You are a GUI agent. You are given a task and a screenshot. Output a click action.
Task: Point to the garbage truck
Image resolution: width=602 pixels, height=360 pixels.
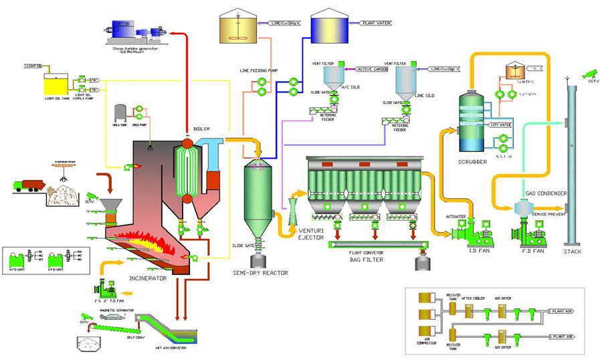pos(29,186)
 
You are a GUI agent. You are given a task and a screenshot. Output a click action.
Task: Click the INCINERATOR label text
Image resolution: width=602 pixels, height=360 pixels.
pos(148,278)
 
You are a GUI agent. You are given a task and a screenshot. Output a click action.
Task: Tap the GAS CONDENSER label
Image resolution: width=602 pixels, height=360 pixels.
pos(546,193)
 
